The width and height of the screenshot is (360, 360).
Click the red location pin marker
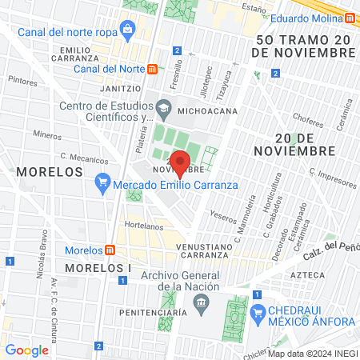(181, 162)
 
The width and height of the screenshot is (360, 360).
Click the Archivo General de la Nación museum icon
(200, 302)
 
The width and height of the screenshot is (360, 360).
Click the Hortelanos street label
(144, 226)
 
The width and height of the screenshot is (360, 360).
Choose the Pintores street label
(22, 81)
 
